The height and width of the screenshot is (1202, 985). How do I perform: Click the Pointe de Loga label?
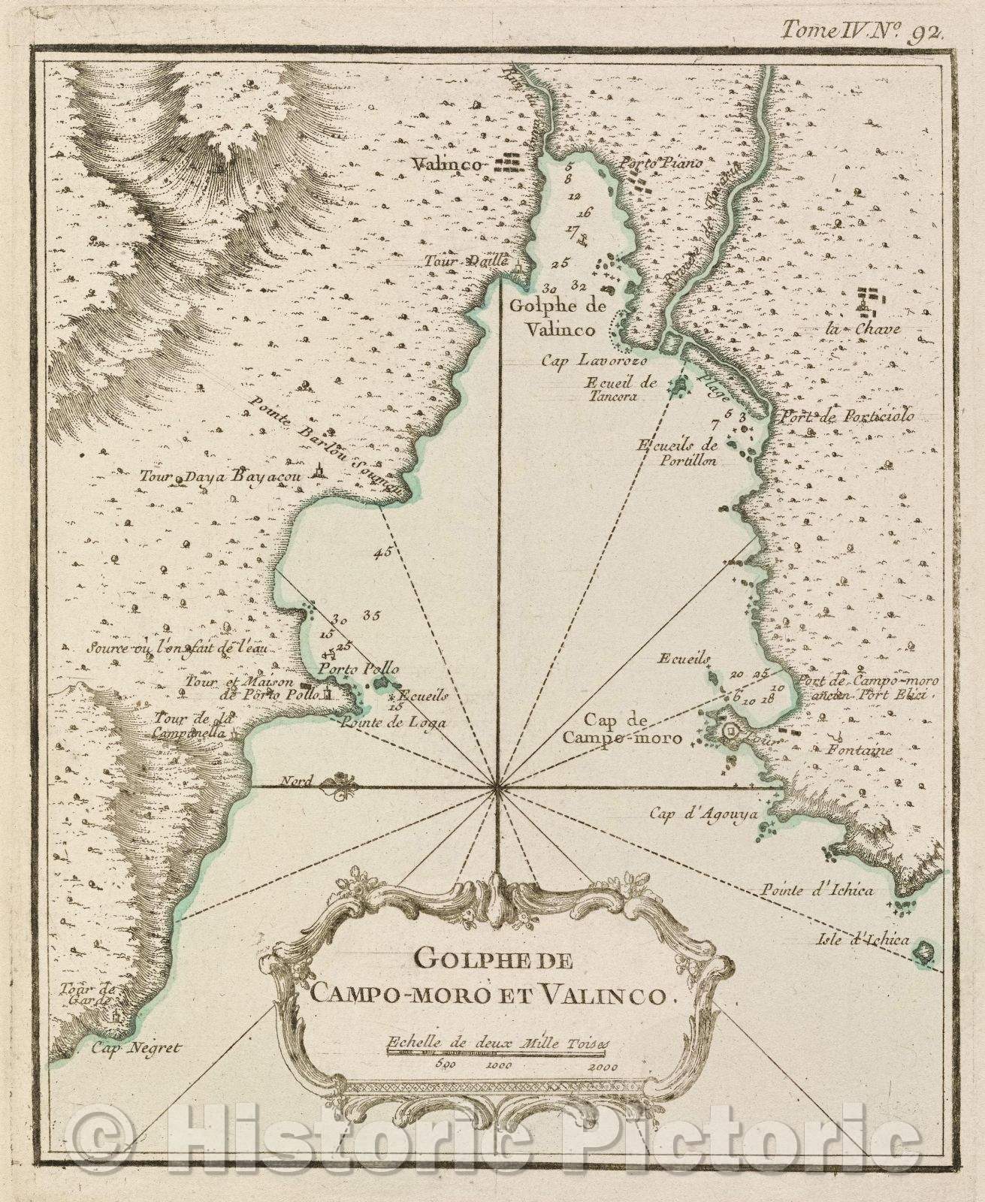click(392, 723)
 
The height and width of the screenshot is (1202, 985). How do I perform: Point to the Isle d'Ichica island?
click(920, 953)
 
